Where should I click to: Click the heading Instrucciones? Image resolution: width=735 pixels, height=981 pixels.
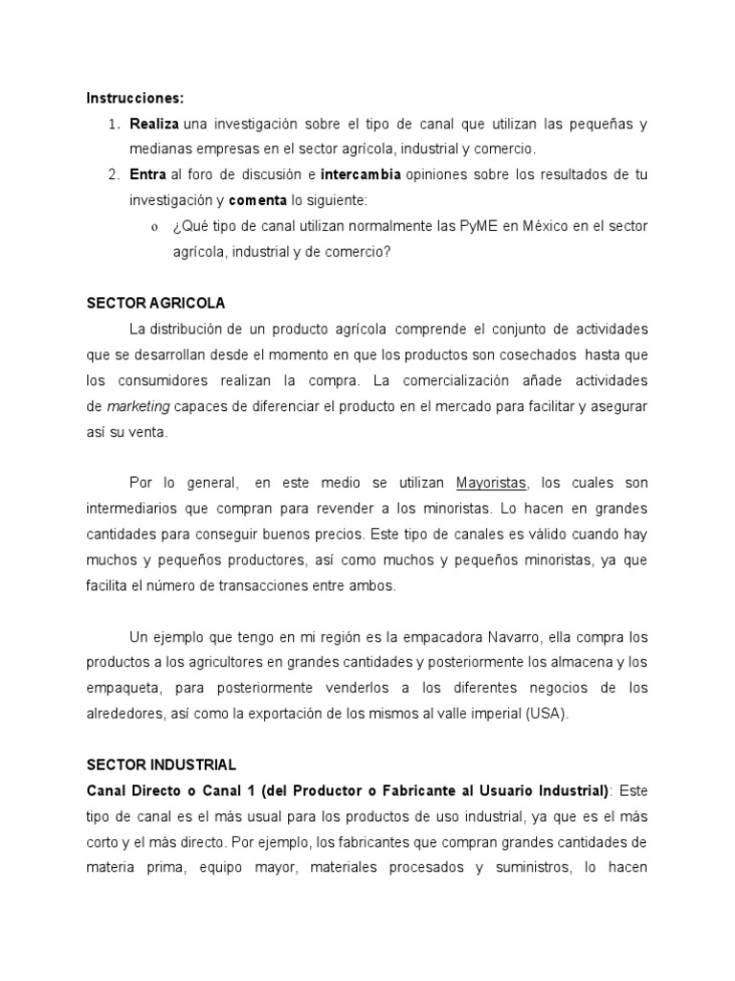135,98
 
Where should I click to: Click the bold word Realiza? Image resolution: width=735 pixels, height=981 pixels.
154,125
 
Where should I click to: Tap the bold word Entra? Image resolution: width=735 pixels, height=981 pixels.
147,174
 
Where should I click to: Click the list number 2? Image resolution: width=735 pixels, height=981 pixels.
113,174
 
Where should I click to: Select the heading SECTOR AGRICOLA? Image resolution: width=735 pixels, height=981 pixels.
155,303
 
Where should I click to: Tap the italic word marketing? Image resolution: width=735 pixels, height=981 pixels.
138,406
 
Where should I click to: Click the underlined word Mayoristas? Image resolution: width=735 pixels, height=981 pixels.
491,483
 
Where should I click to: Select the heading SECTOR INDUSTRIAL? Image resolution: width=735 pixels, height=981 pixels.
161,764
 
